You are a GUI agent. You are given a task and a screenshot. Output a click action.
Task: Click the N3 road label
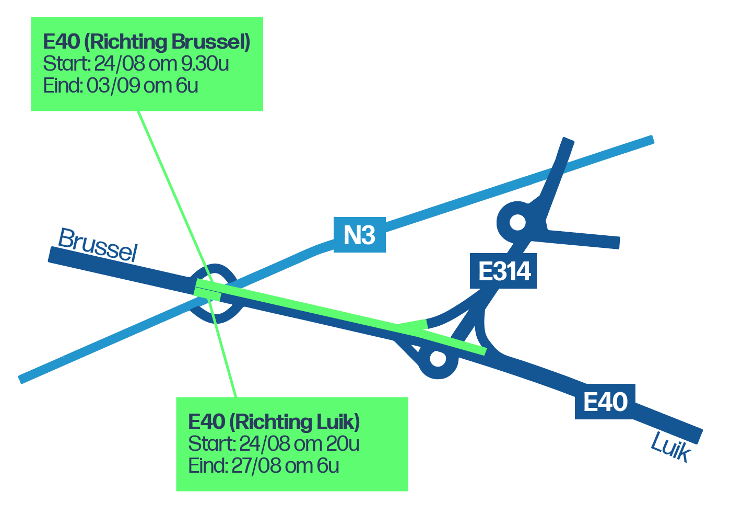(360, 235)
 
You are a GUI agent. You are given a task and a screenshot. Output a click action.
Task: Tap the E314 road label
(504, 271)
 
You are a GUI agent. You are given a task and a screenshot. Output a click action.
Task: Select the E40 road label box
(605, 402)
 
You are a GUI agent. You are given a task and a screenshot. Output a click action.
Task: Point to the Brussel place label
(98, 245)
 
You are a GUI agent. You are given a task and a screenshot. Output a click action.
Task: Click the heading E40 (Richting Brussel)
(147, 42)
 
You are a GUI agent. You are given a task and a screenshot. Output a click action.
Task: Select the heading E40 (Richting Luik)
(274, 421)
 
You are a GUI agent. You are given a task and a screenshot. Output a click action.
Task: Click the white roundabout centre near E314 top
(517, 222)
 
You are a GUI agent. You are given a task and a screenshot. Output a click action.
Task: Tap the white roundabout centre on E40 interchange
(438, 359)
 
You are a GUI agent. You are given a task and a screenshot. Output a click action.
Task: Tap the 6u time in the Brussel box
(187, 86)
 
